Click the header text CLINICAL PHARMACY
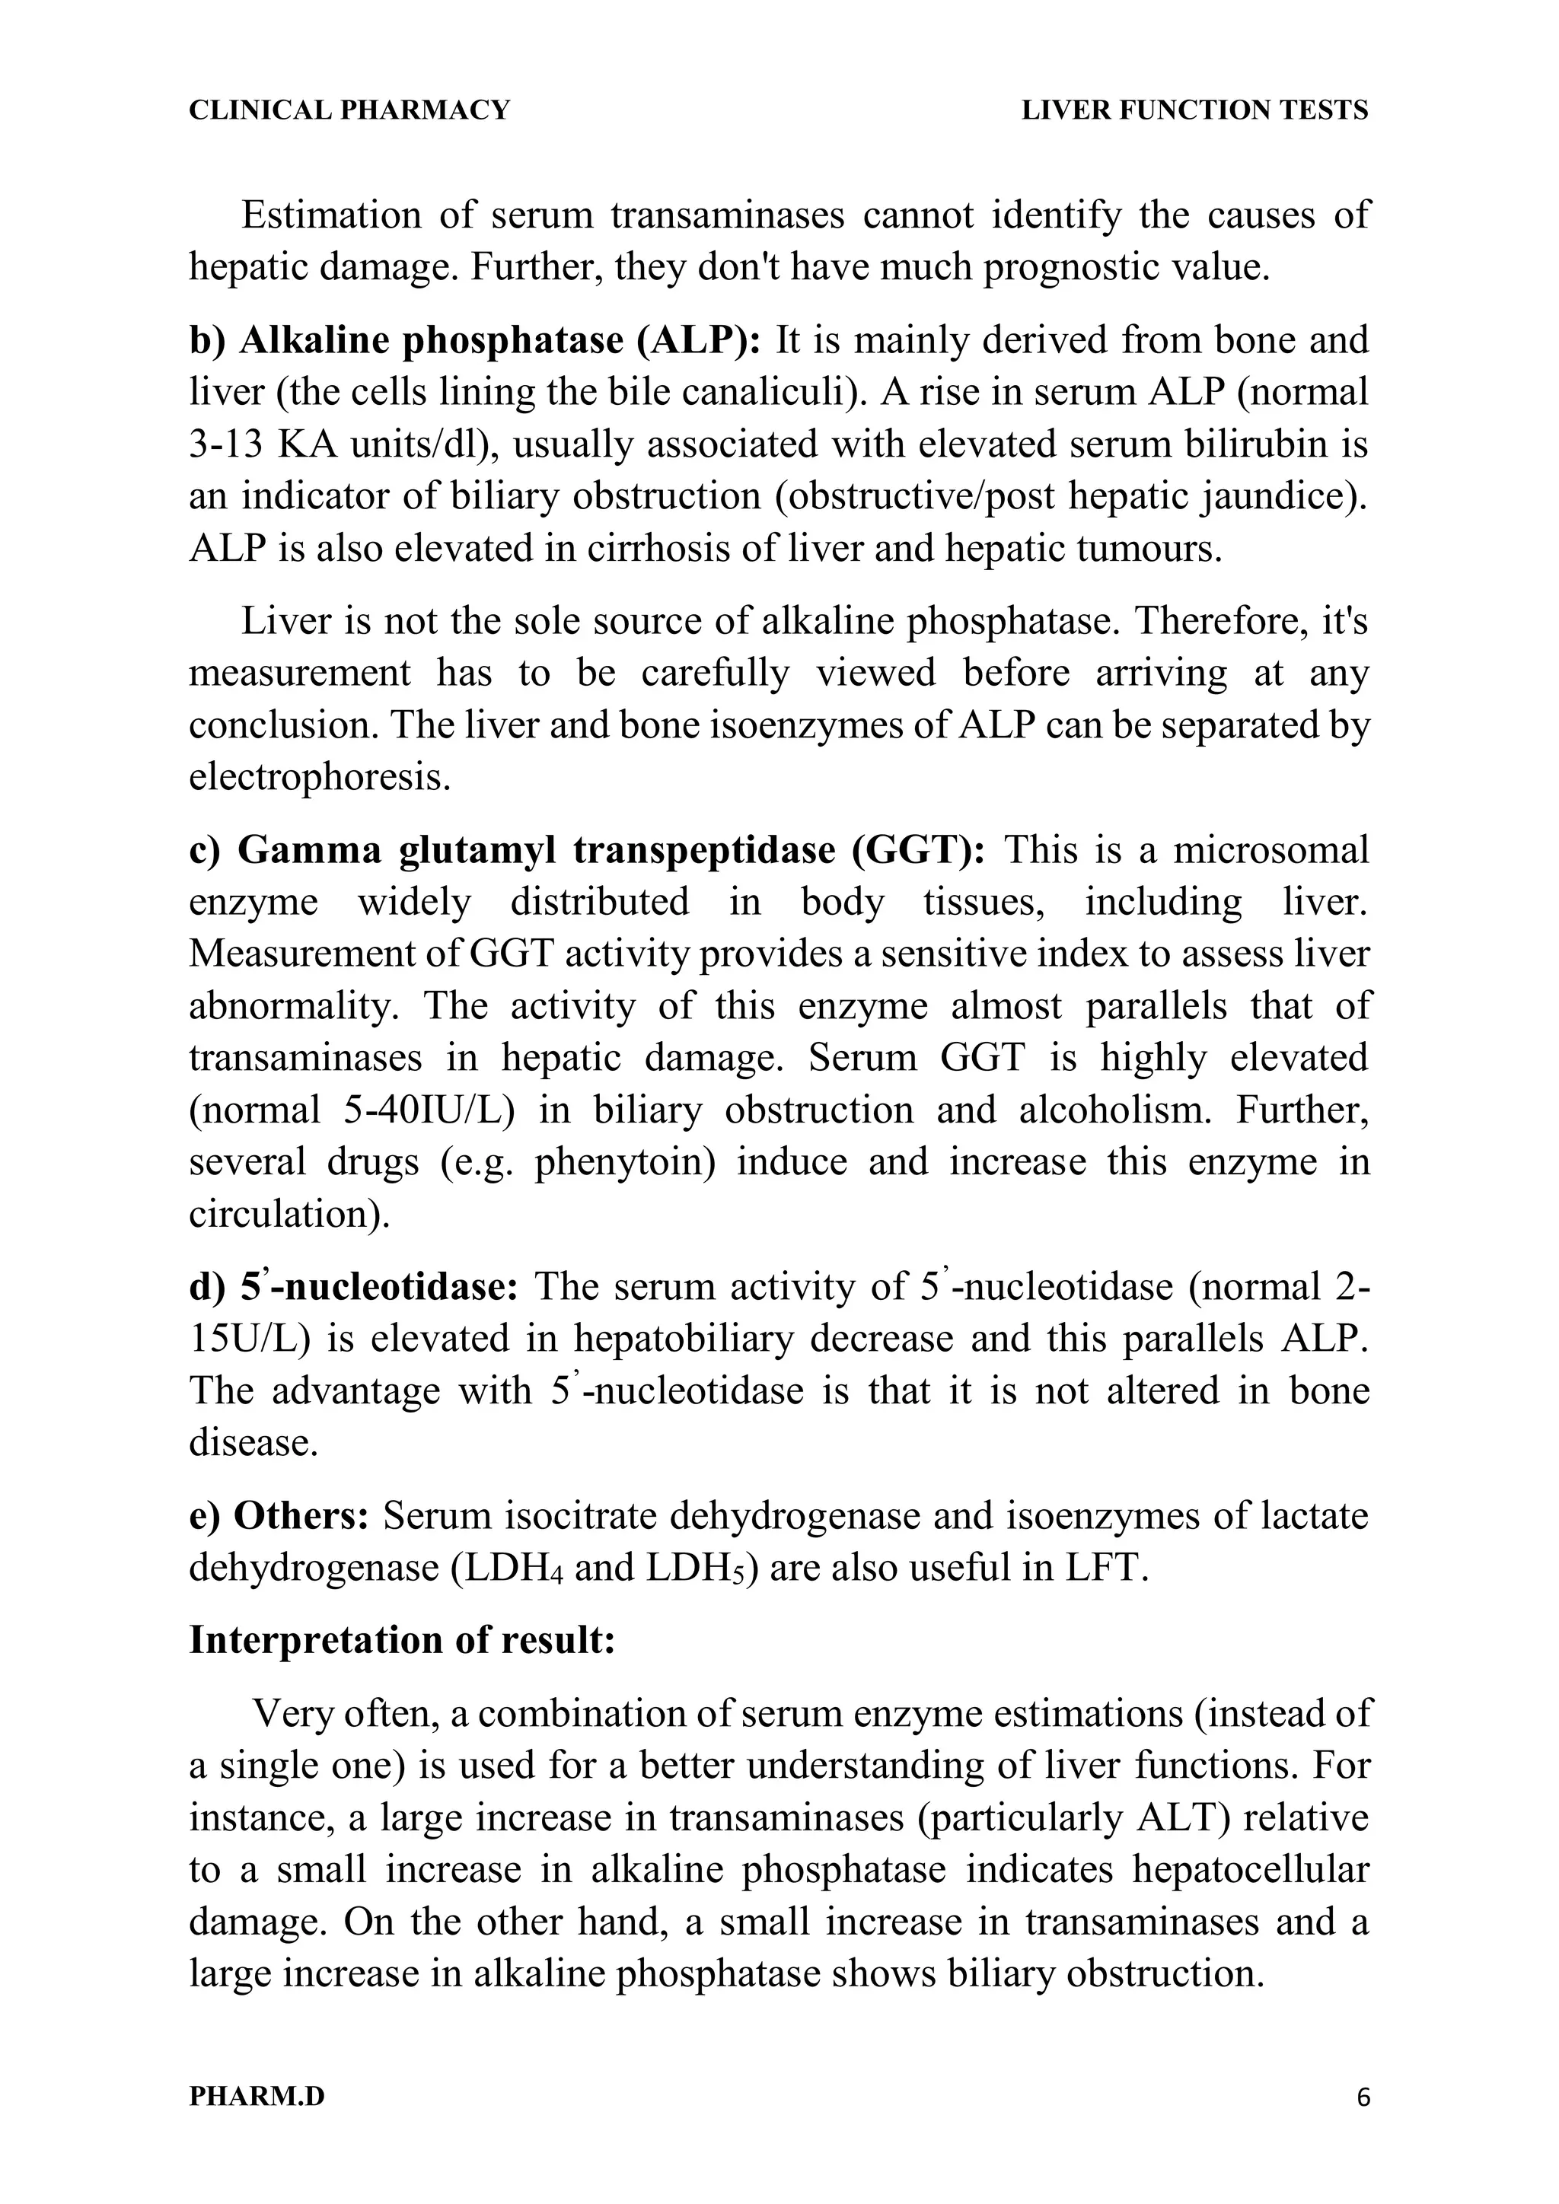coord(349,111)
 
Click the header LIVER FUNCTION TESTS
coord(1194,111)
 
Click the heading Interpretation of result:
coord(402,1639)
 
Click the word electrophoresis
coord(320,776)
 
